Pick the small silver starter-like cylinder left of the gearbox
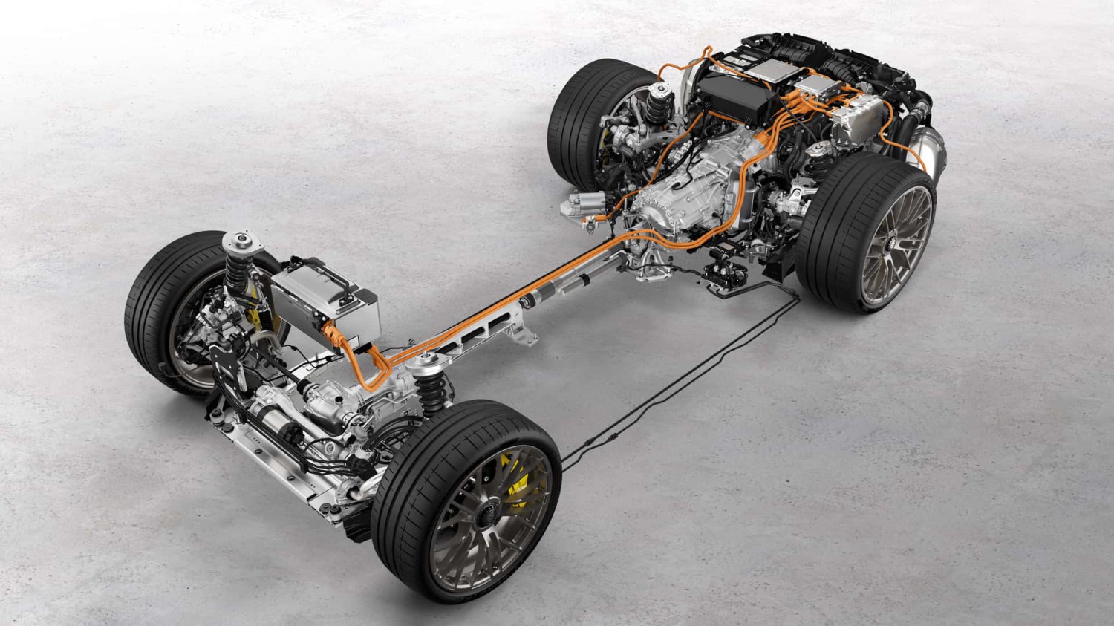point(587,200)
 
